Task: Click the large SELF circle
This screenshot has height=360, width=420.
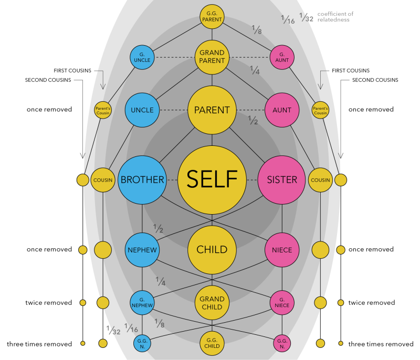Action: coord(212,179)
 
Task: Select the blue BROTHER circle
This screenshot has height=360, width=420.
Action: coord(142,179)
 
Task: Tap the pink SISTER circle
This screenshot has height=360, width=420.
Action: coord(282,179)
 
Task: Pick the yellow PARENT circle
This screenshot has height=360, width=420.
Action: coord(212,110)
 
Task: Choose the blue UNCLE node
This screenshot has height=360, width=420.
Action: coord(142,110)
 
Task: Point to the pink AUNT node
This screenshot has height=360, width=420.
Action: coord(282,110)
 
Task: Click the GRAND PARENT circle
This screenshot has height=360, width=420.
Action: coord(212,57)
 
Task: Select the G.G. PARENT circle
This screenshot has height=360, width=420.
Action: coord(212,17)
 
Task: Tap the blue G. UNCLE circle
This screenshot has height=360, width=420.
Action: coord(142,57)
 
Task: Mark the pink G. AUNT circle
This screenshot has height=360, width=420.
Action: coord(282,57)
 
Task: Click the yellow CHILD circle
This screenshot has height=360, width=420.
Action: coord(212,249)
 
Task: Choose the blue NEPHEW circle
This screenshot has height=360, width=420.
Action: coord(142,250)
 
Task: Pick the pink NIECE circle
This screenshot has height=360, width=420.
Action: coord(282,250)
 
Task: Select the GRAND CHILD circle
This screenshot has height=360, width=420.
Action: coord(212,303)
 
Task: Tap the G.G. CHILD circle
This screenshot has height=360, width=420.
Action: coord(212,343)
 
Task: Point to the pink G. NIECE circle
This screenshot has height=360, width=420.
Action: coord(282,303)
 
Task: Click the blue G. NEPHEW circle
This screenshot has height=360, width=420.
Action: coord(142,303)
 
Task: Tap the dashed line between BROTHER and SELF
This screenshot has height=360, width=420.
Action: coord(172,179)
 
